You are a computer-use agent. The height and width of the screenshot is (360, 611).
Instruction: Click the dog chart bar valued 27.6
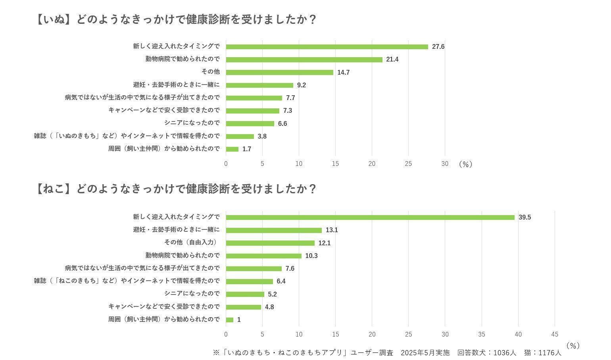pos(327,47)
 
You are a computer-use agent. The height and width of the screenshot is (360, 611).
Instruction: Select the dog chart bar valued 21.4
pos(304,60)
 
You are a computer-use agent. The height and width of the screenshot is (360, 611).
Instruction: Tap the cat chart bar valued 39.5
pos(370,218)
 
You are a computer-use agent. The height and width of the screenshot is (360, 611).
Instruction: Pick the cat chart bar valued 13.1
pos(274,230)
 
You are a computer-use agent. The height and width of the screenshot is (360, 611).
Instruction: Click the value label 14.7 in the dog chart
pos(343,72)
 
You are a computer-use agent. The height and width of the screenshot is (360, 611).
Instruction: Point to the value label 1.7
pos(247,149)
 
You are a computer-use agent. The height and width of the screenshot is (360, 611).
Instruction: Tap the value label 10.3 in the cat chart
pos(311,256)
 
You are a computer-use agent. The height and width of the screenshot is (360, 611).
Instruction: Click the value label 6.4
pos(281,281)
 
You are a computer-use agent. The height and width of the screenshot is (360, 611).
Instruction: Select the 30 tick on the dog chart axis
pos(445,164)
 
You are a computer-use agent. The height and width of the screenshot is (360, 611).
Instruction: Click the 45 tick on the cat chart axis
pos(555,334)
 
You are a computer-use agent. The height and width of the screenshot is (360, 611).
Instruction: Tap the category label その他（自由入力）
pos(192,243)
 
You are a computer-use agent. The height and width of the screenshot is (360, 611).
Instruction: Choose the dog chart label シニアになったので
pos(192,123)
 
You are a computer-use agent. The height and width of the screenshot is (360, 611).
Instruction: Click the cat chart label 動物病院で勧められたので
pos(183,255)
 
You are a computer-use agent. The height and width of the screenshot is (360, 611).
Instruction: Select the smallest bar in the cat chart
pos(230,320)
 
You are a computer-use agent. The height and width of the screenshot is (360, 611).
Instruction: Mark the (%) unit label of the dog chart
pos(465,164)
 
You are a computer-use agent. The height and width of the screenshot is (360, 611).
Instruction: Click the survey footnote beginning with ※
pos(387,352)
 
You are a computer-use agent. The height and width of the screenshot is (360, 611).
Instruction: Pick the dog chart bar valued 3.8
pos(240,137)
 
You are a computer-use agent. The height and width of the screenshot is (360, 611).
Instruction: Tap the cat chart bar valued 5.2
pos(245,295)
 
